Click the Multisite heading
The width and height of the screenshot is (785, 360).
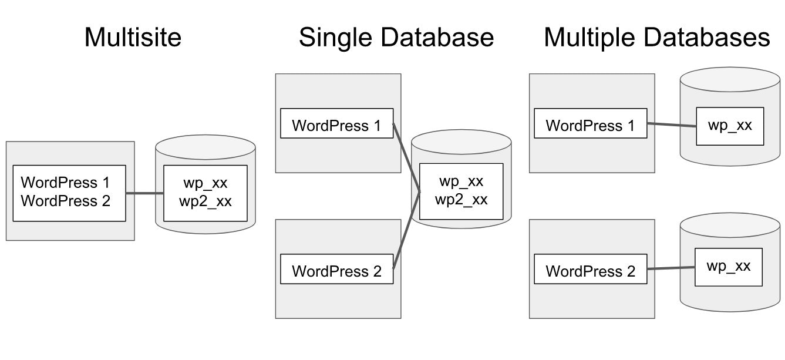tap(133, 38)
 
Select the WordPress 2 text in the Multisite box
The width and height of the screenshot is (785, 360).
tap(65, 201)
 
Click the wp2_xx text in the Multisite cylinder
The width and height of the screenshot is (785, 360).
tap(205, 201)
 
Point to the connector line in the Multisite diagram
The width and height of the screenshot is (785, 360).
tap(144, 193)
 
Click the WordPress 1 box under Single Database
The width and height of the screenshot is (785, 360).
tap(336, 124)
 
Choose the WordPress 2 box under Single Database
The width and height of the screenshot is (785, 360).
tap(336, 270)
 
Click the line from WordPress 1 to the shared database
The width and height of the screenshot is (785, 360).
tap(406, 157)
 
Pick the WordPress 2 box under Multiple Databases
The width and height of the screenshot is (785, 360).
tap(590, 270)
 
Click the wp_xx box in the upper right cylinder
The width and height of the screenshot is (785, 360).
tap(730, 126)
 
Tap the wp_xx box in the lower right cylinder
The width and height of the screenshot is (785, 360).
tap(729, 267)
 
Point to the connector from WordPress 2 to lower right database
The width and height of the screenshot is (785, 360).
tap(671, 268)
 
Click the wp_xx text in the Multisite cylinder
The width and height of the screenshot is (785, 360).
tap(205, 183)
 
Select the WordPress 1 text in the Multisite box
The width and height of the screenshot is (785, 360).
tap(65, 183)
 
